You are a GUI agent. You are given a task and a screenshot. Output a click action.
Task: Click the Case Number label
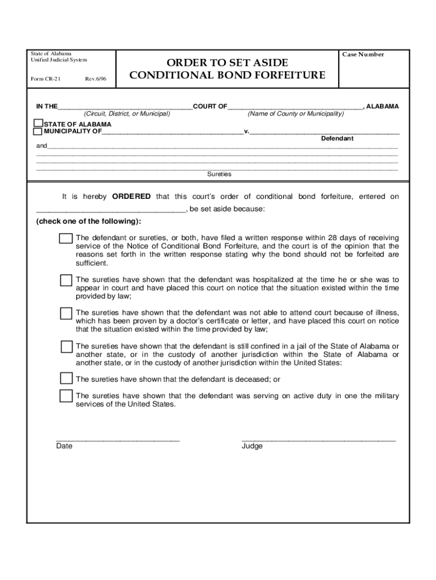tap(363, 54)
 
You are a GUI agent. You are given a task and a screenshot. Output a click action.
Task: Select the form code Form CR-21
tap(46, 79)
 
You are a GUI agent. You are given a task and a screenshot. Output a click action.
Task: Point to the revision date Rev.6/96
tap(95, 79)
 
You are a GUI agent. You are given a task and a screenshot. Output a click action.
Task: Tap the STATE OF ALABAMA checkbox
tap(38, 123)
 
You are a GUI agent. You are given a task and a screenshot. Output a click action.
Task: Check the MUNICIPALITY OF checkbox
tap(38, 131)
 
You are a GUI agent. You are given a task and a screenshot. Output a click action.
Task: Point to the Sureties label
tap(219, 174)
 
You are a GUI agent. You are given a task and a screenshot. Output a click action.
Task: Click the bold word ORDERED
tap(131, 197)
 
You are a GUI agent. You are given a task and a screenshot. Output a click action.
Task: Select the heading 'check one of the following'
tap(89, 221)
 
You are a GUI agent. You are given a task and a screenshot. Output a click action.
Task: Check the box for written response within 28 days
tap(66, 238)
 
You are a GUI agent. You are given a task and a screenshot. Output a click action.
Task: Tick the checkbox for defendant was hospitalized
tap(66, 280)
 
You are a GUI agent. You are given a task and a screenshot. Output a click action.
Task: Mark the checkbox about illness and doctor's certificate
tap(66, 313)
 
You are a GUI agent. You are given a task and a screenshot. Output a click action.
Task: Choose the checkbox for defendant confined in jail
tap(66, 347)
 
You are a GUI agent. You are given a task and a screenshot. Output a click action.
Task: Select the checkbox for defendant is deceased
tap(66, 378)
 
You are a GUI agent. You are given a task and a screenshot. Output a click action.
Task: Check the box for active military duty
tap(66, 396)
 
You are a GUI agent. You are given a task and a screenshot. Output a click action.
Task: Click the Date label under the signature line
tap(64, 446)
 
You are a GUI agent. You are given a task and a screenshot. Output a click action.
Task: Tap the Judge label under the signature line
tap(252, 446)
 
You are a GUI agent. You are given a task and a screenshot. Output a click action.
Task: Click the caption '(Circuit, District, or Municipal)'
tap(127, 114)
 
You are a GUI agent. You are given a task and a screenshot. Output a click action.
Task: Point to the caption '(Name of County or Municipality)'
tap(296, 114)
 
